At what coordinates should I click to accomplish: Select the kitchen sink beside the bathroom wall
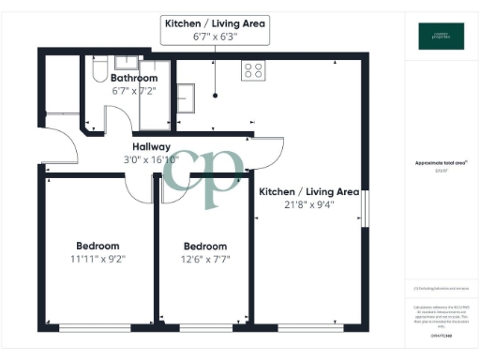pyautogui.click(x=186, y=97)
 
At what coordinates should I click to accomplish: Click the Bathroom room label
pyautogui.click(x=134, y=78)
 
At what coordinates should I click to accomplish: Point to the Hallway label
pyautogui.click(x=151, y=147)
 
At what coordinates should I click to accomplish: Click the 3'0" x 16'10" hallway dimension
pyautogui.click(x=151, y=160)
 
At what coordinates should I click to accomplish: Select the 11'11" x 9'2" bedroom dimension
pyautogui.click(x=97, y=259)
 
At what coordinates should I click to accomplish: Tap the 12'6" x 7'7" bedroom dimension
pyautogui.click(x=204, y=260)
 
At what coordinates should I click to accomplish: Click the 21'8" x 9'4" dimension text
pyautogui.click(x=309, y=206)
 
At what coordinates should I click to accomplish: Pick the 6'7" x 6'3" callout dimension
pyautogui.click(x=215, y=37)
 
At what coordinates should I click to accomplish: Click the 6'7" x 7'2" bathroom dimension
pyautogui.click(x=134, y=91)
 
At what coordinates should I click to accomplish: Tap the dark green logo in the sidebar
pyautogui.click(x=441, y=36)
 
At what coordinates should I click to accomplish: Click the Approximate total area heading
pyautogui.click(x=441, y=162)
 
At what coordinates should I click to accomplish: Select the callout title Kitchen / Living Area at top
pyautogui.click(x=215, y=22)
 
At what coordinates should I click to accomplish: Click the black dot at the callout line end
pyautogui.click(x=215, y=95)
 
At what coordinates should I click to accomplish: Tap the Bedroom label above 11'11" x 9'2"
pyautogui.click(x=97, y=246)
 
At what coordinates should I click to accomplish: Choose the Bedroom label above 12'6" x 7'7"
pyautogui.click(x=204, y=247)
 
